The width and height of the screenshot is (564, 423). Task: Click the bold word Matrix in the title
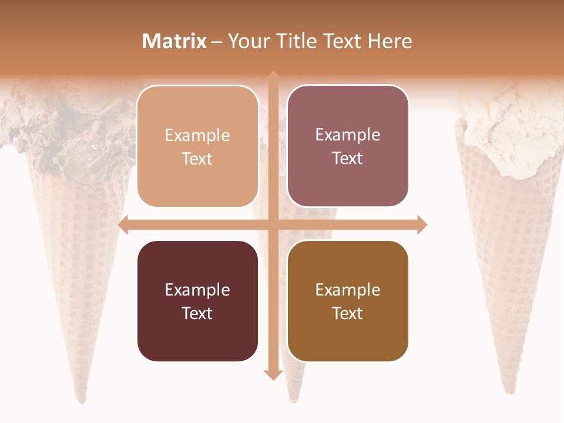click(174, 41)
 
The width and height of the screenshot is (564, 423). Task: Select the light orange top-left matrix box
click(197, 146)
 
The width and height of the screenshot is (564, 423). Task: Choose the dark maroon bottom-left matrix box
click(197, 301)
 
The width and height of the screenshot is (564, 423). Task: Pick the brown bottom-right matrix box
click(348, 301)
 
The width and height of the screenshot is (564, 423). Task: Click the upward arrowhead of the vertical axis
click(273, 76)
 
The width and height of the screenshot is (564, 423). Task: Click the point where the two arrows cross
click(273, 224)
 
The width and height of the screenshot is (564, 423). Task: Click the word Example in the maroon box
click(197, 290)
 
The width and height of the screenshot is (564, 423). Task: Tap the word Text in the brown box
click(348, 313)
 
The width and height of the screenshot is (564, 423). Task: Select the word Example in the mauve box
click(348, 135)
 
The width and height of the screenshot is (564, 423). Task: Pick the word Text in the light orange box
click(197, 159)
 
